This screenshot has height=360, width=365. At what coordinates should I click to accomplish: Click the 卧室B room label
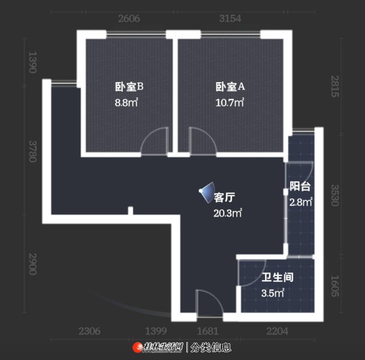point(129,86)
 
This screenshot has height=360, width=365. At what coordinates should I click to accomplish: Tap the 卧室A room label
point(230,86)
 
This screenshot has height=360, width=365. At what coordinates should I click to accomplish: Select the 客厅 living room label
point(224,197)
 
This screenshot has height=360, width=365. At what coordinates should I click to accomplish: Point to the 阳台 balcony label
point(300,187)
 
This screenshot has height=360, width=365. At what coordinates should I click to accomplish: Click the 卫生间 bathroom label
point(277,277)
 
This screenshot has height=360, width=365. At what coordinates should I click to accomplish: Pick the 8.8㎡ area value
point(126,103)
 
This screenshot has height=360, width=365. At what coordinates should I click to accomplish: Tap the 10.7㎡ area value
point(230,103)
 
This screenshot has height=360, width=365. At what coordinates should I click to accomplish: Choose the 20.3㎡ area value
point(228,213)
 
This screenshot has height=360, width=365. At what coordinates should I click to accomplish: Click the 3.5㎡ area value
point(273,293)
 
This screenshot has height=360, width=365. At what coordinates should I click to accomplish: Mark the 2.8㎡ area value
point(301,202)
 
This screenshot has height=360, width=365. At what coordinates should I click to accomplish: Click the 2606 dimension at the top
point(129,19)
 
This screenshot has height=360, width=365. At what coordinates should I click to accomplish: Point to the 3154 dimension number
point(230,19)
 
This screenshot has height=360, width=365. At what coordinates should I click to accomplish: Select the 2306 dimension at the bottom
point(89,331)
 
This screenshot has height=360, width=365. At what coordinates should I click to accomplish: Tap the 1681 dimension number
point(207,331)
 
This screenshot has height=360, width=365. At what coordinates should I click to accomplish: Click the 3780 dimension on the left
point(33,151)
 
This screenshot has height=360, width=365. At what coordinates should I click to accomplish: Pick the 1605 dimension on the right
point(335,286)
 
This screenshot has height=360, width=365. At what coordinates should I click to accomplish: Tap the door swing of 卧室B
point(155,141)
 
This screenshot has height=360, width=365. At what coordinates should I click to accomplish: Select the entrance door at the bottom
point(210,304)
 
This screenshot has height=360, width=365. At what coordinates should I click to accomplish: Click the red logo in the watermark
point(138,347)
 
